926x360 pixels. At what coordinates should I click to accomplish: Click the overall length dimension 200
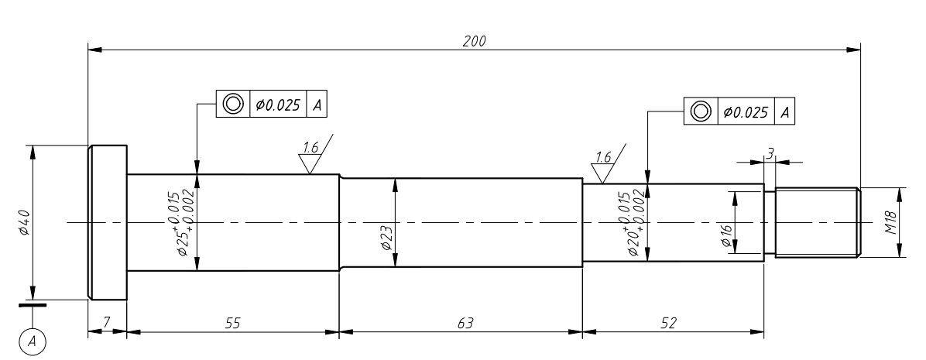tap(474, 41)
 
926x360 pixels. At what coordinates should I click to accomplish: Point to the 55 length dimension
tap(232, 323)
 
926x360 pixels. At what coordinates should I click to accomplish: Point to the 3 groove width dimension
tap(770, 153)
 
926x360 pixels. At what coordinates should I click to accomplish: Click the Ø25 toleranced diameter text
tap(185, 225)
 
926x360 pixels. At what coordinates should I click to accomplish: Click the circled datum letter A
tap(32, 339)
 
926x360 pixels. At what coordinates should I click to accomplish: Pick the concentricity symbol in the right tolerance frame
tap(701, 111)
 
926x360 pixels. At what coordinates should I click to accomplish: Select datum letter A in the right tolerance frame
tap(786, 111)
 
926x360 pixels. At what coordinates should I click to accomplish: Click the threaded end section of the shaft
tap(817, 223)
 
